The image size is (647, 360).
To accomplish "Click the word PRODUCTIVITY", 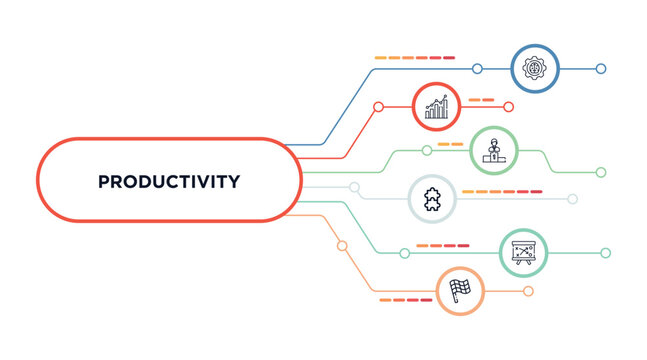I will point(169,182).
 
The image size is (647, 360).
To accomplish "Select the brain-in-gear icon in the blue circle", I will point(534,68).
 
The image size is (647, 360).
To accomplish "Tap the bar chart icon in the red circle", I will point(437,106).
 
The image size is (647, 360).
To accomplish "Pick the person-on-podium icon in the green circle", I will point(492,151).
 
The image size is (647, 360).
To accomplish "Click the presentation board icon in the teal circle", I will point(524,253).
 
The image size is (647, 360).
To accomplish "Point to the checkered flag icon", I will point(460,291).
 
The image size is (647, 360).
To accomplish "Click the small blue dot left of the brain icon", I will point(477,69).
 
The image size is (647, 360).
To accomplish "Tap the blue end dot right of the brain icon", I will point(601,69).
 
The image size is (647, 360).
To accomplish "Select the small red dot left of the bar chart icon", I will point(378,107).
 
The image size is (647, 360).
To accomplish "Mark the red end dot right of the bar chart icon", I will point(508,107).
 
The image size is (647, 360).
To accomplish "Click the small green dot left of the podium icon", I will point(427,151).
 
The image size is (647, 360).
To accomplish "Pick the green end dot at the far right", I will point(601,172).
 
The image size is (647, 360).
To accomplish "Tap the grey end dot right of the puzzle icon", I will point(573,199).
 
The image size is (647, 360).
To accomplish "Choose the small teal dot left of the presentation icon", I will point(404,253).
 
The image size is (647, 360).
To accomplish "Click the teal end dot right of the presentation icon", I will point(605,253).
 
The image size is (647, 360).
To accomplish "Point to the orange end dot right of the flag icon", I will point(528,291).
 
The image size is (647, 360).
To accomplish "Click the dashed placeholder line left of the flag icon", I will point(406,299).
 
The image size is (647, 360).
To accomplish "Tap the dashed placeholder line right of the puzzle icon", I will point(502,190).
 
